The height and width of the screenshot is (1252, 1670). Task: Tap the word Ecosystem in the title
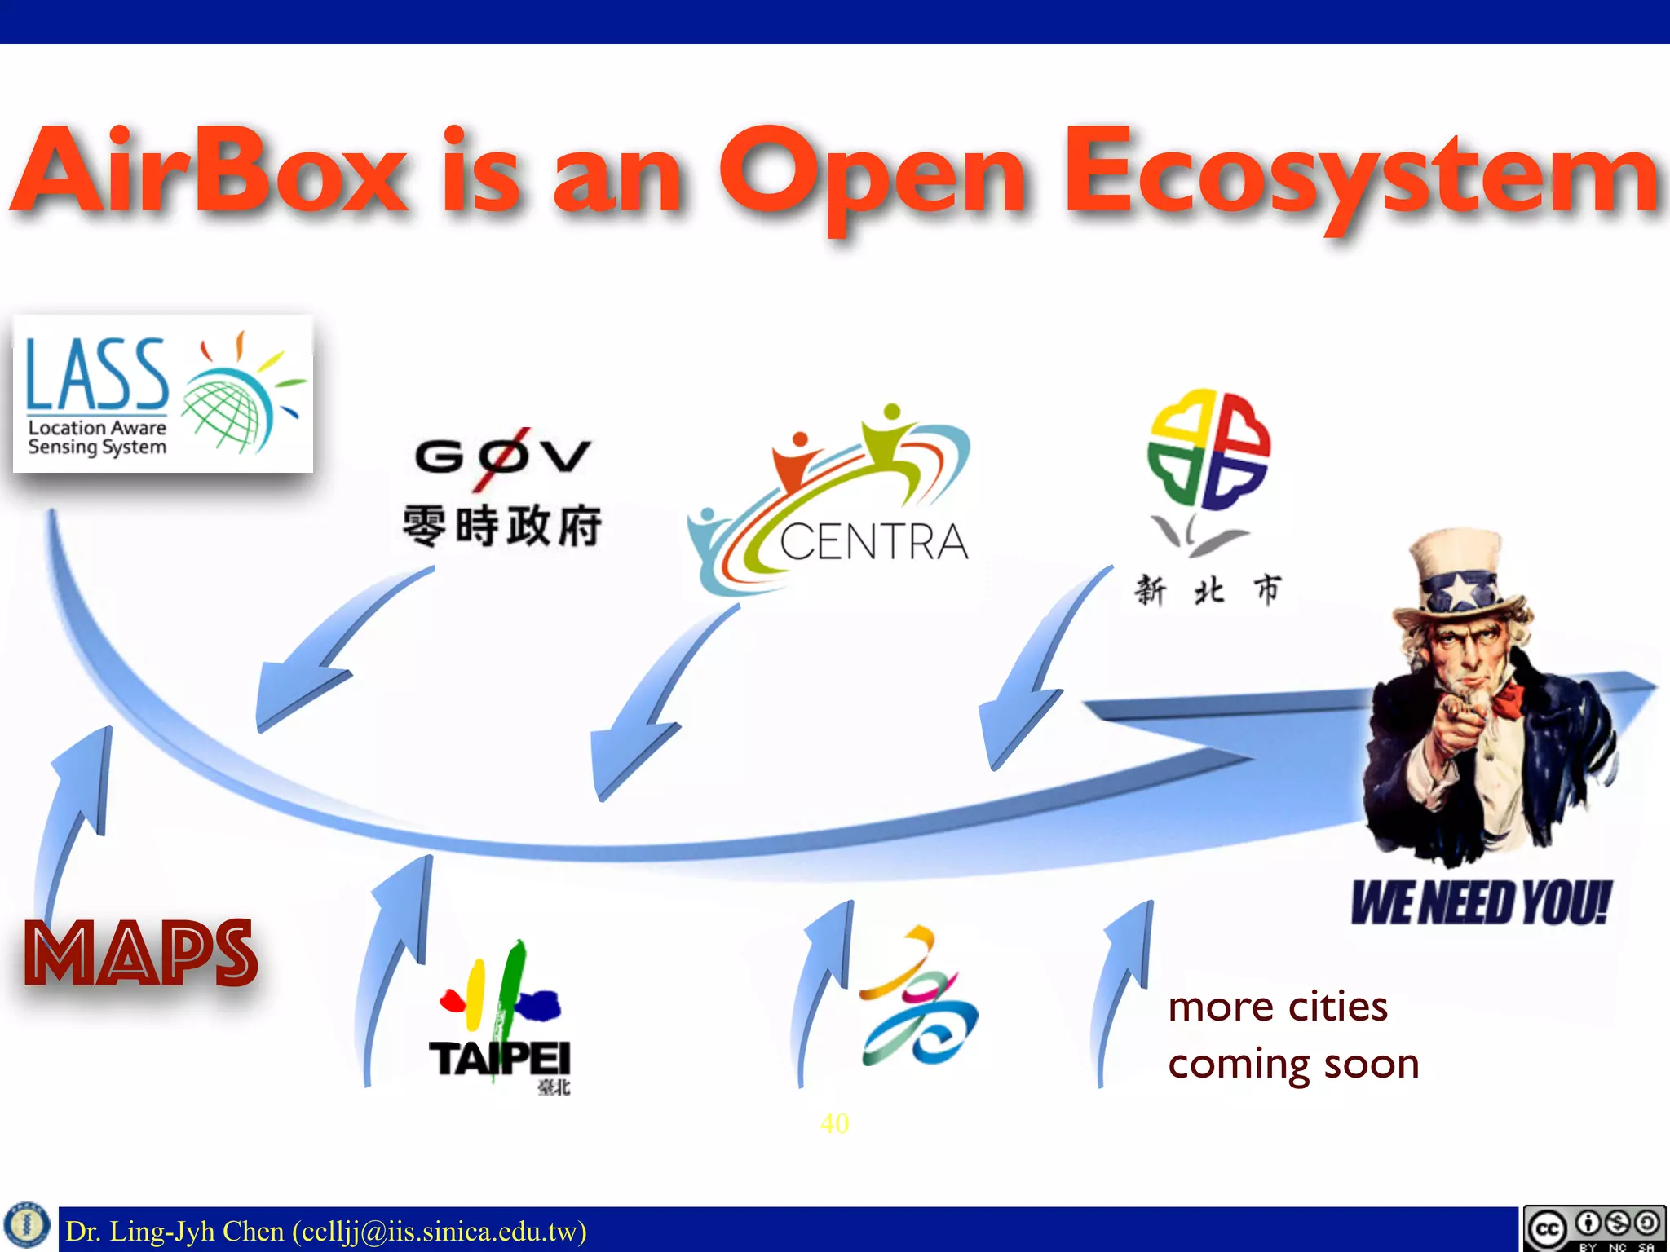tap(1362, 175)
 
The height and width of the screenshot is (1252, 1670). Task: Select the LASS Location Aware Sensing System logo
tap(163, 395)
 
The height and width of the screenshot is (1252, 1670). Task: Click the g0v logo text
tap(502, 455)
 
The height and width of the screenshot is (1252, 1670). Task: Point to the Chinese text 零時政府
tap(502, 526)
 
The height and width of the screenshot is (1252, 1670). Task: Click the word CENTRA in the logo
tap(873, 542)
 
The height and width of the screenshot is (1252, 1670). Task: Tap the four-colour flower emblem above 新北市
tap(1208, 448)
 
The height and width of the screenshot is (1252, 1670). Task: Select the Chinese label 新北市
tap(1208, 589)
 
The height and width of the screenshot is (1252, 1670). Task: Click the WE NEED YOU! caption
tap(1480, 903)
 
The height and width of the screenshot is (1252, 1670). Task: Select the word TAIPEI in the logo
tap(499, 1059)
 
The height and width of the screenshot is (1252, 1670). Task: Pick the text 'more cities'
tap(1278, 1007)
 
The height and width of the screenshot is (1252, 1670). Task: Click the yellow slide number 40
tap(834, 1123)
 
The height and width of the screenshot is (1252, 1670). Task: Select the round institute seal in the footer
tap(27, 1225)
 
